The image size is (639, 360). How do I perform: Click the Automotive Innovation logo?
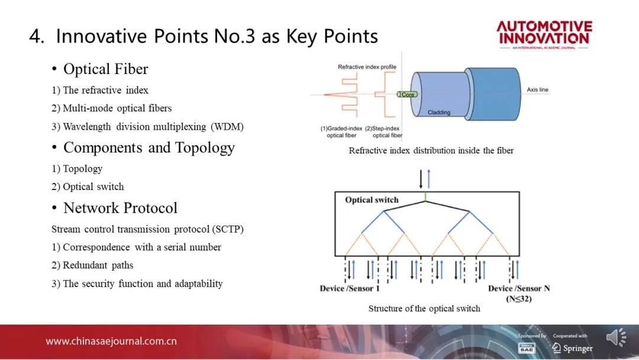pyautogui.click(x=544, y=35)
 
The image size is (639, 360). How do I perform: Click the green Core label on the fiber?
pyautogui.click(x=407, y=95)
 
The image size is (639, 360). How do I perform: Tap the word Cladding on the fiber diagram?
pyautogui.click(x=439, y=112)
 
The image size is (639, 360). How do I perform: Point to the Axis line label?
pyautogui.click(x=537, y=89)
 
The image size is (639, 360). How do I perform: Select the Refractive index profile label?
pyautogui.click(x=367, y=67)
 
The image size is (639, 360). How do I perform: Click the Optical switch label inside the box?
pyautogui.click(x=372, y=200)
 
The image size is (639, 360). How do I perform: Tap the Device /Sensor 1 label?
pyautogui.click(x=350, y=289)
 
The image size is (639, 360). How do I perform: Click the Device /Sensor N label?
pyautogui.click(x=519, y=289)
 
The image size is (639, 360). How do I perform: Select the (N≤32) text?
pyautogui.click(x=519, y=299)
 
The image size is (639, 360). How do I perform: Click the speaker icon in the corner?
pyautogui.click(x=616, y=337)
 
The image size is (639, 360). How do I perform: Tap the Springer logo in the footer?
pyautogui.click(x=573, y=348)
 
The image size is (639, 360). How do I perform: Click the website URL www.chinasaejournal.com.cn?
pyautogui.click(x=111, y=341)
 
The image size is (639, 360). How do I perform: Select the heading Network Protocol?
pyautogui.click(x=120, y=208)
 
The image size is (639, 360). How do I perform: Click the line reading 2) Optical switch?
pyautogui.click(x=88, y=187)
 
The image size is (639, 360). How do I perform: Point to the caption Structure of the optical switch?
pyautogui.click(x=424, y=308)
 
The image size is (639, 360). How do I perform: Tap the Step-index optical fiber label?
pyautogui.click(x=383, y=131)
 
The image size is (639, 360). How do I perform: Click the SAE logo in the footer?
pyautogui.click(x=526, y=348)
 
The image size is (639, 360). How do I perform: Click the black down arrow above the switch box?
pyautogui.click(x=421, y=179)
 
